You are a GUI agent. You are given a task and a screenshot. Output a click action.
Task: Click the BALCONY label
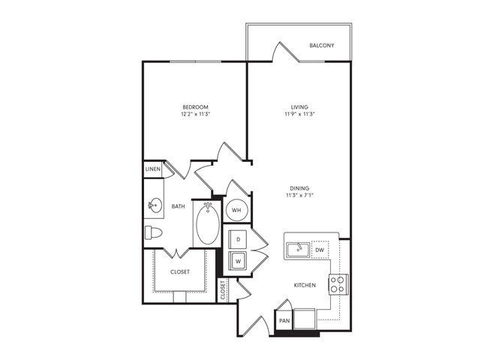(x=321, y=46)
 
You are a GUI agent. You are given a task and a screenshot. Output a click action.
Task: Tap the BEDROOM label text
(x=194, y=106)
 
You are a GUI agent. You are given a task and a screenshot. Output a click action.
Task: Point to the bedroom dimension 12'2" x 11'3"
(x=194, y=115)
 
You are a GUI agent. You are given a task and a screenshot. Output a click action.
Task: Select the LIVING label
(x=300, y=106)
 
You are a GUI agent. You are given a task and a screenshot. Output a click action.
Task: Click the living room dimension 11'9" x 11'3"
(x=300, y=115)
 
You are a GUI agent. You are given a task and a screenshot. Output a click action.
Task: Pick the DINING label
(x=300, y=188)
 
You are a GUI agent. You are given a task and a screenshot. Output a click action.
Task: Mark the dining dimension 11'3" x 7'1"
(x=300, y=196)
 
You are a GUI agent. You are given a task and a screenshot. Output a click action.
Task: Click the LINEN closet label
(x=153, y=169)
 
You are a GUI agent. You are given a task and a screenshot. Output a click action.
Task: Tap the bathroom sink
(x=155, y=203)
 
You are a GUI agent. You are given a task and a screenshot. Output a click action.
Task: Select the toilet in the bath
(x=152, y=232)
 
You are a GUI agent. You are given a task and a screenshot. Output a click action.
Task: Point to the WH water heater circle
(x=236, y=210)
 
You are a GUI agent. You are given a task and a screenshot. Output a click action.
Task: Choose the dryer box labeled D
(x=238, y=239)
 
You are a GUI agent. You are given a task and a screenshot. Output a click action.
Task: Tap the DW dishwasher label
(x=319, y=250)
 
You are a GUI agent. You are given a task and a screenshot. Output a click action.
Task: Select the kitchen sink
(x=297, y=249)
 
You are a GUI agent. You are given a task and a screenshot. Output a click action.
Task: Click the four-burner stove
(x=338, y=283)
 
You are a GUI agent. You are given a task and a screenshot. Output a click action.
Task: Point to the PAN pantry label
(x=284, y=320)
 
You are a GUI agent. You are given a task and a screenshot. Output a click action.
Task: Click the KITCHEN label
(x=305, y=286)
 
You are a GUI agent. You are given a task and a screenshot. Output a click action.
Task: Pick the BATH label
(x=178, y=206)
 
